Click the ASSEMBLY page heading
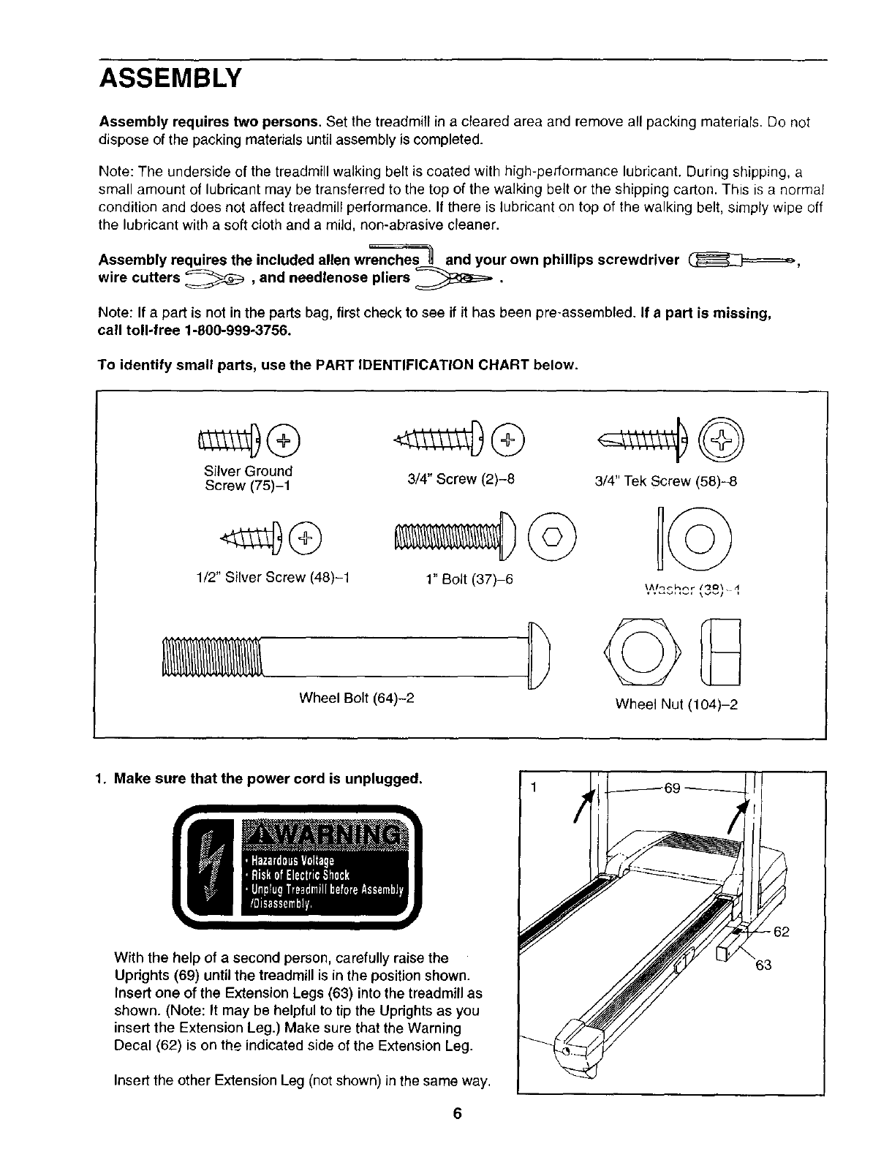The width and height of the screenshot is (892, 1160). click(x=170, y=77)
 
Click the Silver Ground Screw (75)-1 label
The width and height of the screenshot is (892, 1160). click(x=249, y=478)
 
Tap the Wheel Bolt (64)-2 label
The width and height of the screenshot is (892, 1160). click(x=357, y=697)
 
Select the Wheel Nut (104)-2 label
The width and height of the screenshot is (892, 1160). click(x=676, y=704)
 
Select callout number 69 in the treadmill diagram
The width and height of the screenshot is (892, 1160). click(x=672, y=788)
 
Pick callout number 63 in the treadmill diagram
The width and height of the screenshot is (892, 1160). click(x=763, y=965)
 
